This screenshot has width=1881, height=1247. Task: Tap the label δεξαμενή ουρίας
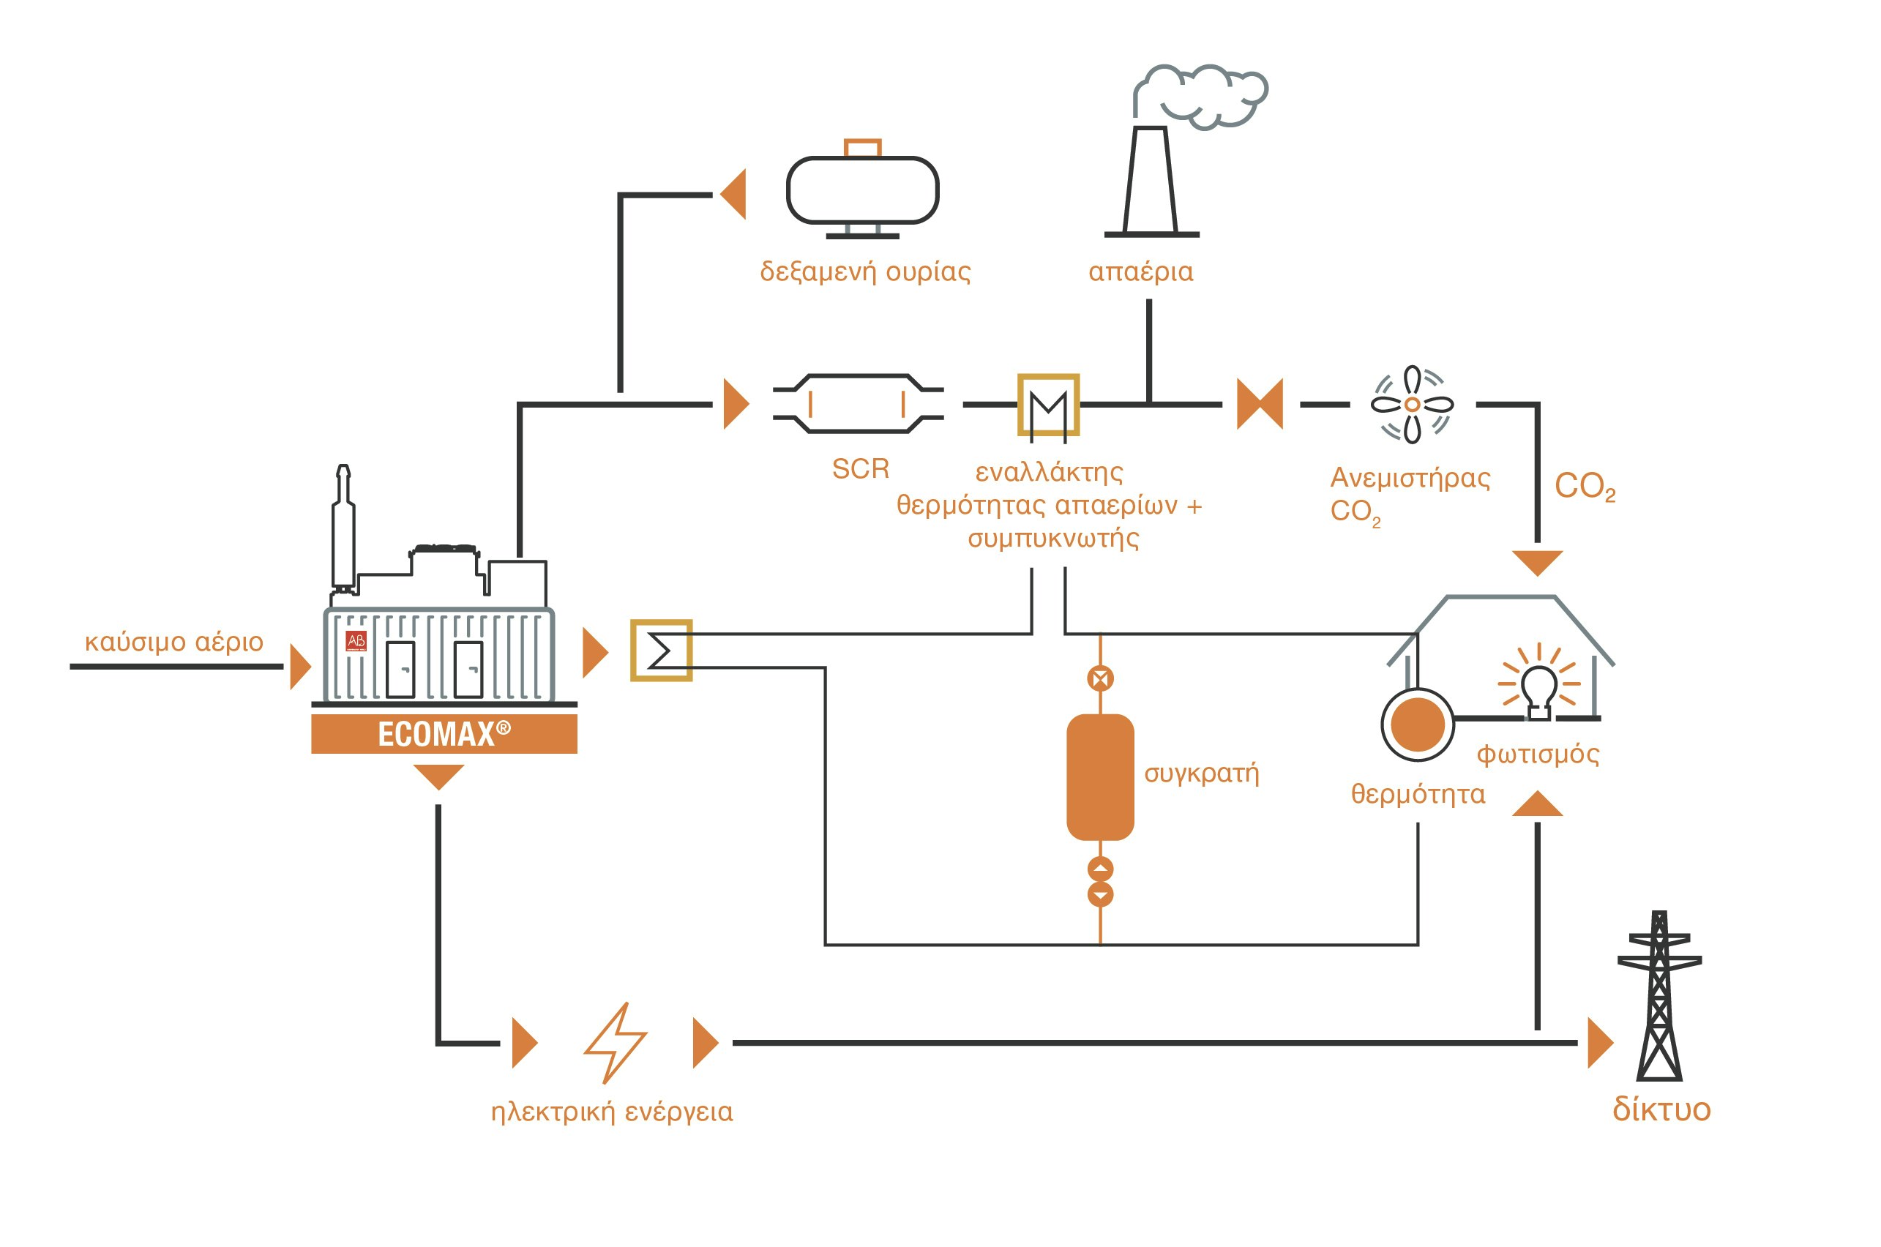864,272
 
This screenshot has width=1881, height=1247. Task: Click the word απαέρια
1140,272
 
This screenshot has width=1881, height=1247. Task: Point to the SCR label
860,468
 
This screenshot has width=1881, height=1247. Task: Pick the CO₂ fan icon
1412,404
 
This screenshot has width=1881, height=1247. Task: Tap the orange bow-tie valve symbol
1260,404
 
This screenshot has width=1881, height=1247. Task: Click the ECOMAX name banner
444,733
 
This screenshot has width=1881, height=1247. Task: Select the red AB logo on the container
356,641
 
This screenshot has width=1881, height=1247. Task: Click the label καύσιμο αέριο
173,642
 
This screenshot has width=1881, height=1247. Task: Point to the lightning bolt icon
615,1042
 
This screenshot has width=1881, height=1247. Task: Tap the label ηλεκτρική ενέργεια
612,1111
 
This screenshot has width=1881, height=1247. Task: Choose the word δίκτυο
1661,1109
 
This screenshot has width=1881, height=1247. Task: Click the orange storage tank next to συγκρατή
1100,777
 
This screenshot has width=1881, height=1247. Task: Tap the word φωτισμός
1538,754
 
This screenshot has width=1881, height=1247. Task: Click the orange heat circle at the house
1417,724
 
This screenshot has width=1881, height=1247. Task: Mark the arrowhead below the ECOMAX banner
438,776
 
